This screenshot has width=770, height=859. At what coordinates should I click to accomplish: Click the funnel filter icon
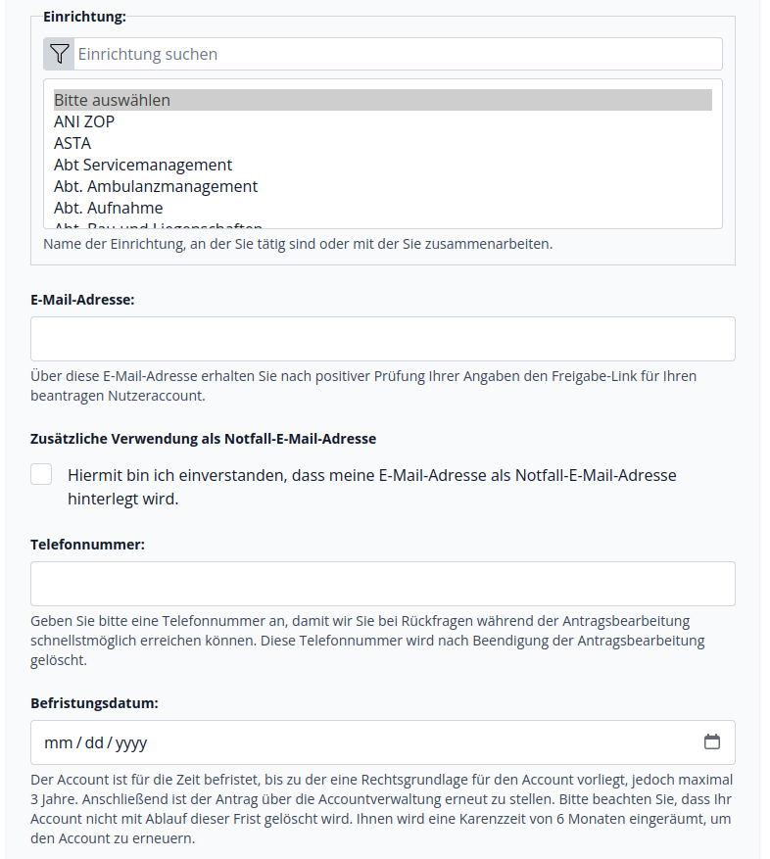click(59, 54)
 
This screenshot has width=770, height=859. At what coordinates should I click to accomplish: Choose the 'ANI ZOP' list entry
click(84, 121)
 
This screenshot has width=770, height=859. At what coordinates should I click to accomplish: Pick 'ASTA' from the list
click(72, 143)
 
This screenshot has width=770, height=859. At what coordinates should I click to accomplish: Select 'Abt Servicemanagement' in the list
click(143, 165)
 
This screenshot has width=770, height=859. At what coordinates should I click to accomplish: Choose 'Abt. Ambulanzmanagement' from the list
click(156, 186)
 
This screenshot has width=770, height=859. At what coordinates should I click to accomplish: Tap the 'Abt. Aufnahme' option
click(109, 208)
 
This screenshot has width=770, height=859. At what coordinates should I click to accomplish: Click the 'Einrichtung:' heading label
click(84, 16)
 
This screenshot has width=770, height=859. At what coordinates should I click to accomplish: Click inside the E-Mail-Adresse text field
click(382, 339)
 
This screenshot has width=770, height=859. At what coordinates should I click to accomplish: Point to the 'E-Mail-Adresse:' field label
click(82, 300)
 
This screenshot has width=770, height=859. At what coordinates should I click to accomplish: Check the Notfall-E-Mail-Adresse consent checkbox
click(41, 475)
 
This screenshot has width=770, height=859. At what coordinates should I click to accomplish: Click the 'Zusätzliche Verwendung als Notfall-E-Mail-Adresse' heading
click(204, 439)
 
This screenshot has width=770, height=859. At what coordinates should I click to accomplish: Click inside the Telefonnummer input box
click(382, 584)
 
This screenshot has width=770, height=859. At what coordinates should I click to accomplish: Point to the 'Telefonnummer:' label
click(87, 545)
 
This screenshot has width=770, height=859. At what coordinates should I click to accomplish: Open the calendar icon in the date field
click(712, 741)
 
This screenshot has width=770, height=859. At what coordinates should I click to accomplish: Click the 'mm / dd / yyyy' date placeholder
click(96, 742)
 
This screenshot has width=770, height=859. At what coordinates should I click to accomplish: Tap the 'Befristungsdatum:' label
click(94, 703)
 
